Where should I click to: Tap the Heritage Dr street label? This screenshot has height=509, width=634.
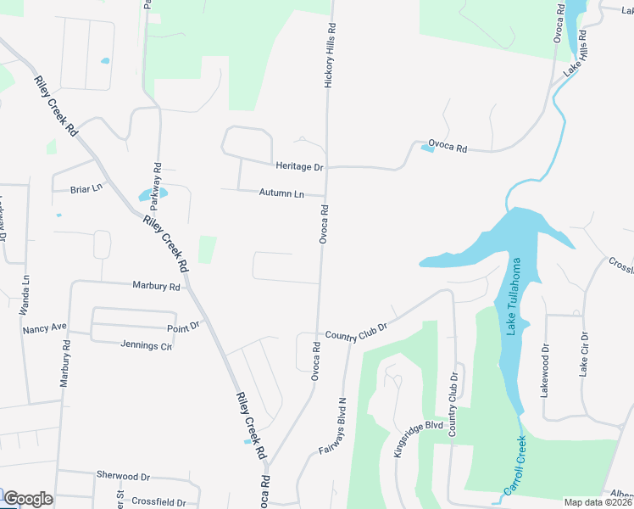tap(300, 166)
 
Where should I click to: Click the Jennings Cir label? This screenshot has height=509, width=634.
tap(147, 346)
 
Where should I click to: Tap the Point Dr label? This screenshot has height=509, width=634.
tap(183, 325)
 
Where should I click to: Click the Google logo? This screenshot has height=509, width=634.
tap(28, 499)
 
